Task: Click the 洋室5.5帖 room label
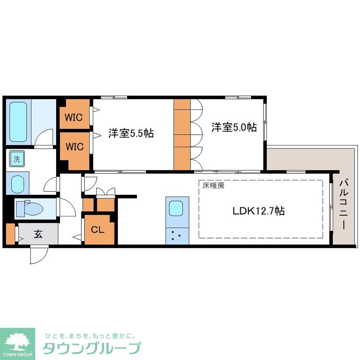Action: [x=131, y=134]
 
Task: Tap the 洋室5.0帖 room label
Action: [x=234, y=127]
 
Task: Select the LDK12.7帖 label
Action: [x=258, y=211]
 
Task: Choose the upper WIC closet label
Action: [x=74, y=117]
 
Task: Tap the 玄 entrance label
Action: [x=38, y=234]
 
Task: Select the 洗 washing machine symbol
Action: [x=17, y=159]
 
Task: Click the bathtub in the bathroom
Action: [x=18, y=122]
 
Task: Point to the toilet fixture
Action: [x=31, y=208]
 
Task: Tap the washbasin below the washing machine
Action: [x=18, y=184]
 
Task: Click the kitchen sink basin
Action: [x=177, y=208]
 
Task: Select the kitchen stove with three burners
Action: [x=177, y=236]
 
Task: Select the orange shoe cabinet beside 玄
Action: [x=10, y=234]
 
